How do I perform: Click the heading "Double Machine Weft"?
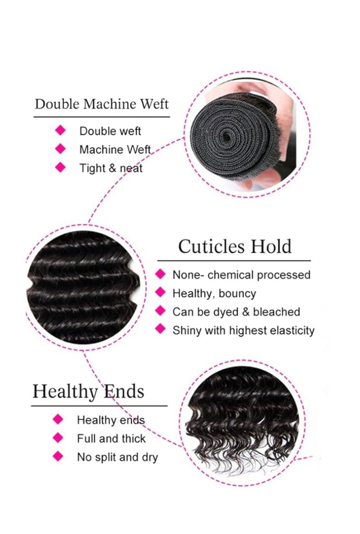pos(101,104)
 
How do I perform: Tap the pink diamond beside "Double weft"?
pos(60,130)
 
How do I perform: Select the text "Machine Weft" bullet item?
pos(115,150)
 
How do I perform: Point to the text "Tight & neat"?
pos(110,168)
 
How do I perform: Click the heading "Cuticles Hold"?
pos(235,247)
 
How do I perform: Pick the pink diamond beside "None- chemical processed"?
pos(160,274)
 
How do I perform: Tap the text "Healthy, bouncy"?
pos(214,294)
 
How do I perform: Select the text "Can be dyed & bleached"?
pos(236,312)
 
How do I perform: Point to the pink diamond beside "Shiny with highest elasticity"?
pos(160,329)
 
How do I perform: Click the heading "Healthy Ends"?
pos(88,392)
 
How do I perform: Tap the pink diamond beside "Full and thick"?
pos(58,438)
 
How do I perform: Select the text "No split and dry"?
pos(117,458)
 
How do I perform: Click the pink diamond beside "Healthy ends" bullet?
pos(58,419)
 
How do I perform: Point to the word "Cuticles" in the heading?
pos(211,247)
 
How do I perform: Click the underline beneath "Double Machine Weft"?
pos(101,117)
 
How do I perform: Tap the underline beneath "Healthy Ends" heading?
pos(99,406)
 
